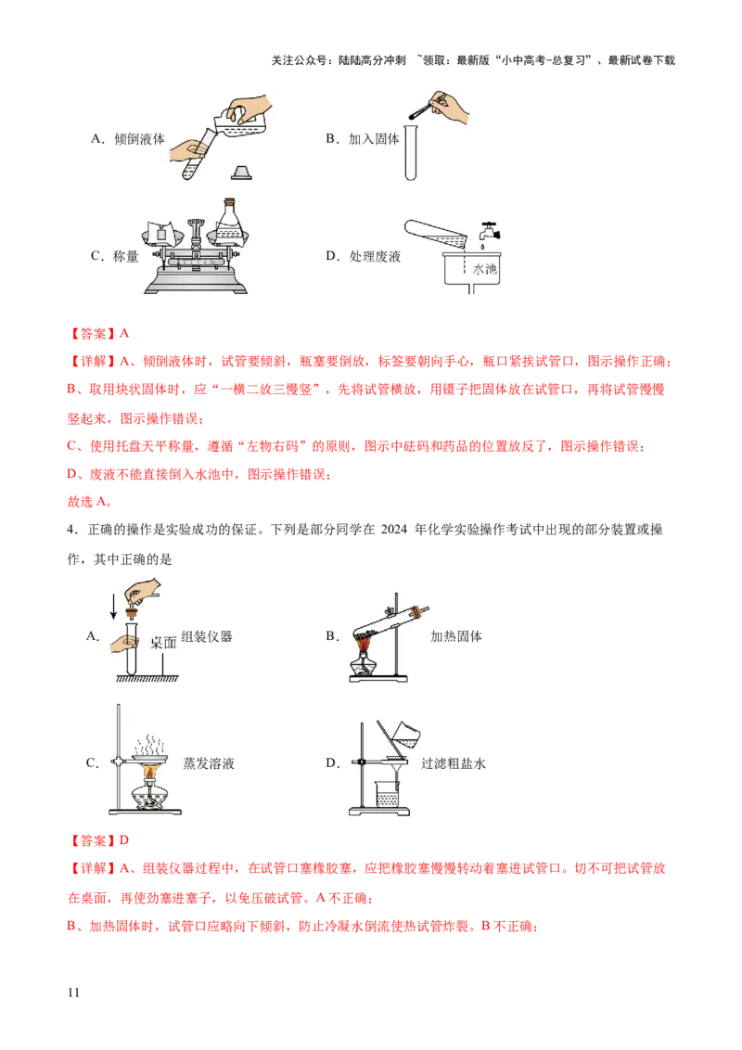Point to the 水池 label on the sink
point(484,269)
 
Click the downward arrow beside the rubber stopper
point(114,608)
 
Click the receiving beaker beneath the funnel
point(387,796)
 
